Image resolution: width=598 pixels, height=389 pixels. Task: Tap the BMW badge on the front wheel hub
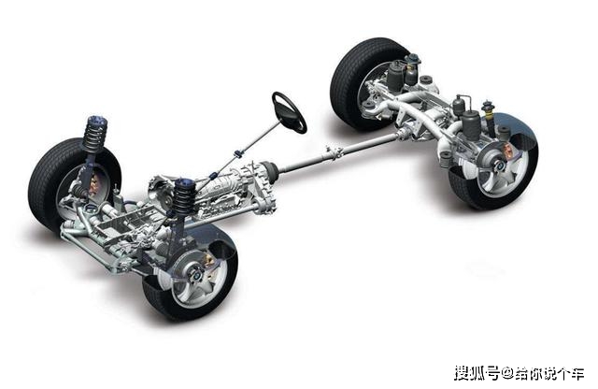coord(196,275)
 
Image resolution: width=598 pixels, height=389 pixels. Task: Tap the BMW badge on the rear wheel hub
coord(500,166)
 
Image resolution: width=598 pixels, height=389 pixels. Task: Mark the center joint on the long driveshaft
coord(333,151)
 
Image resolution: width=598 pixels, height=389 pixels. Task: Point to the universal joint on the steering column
coord(239,153)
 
